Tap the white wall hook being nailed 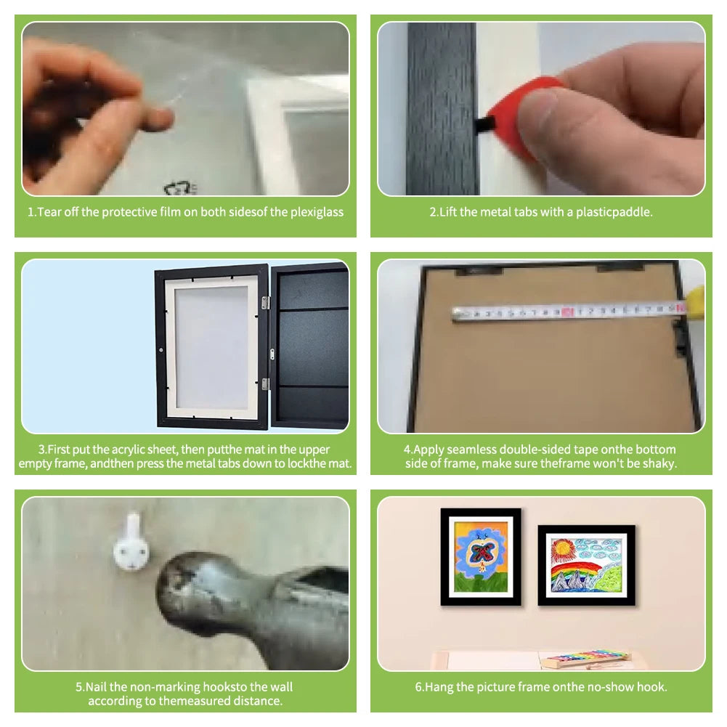[x=131, y=543]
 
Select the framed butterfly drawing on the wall [x=481, y=557]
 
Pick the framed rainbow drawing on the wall [x=587, y=565]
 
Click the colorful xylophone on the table [x=587, y=659]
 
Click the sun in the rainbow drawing [x=563, y=549]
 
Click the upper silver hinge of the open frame [x=265, y=303]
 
